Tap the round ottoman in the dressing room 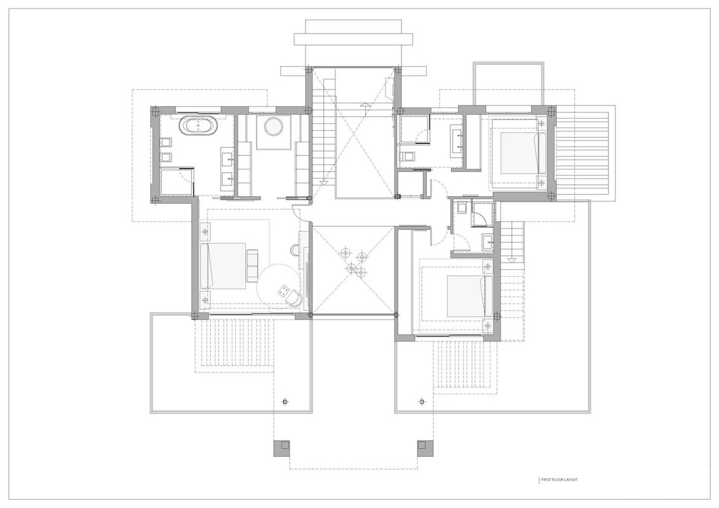pos(273,126)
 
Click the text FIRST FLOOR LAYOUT pos(559,479)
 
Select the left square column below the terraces pos(282,448)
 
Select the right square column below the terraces pos(425,448)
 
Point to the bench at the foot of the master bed pos(253,266)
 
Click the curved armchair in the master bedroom pos(296,298)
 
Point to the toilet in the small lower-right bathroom pos(460,208)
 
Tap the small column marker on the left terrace pos(285,402)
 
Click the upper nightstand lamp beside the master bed pos(205,232)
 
